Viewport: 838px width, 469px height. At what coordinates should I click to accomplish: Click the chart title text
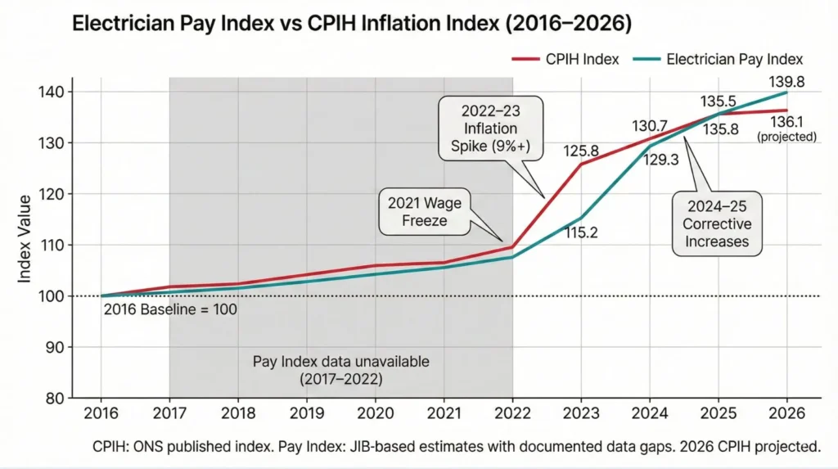click(x=352, y=24)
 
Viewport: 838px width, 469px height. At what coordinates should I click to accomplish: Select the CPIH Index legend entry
click(x=575, y=59)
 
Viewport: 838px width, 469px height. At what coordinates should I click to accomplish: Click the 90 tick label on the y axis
click(x=51, y=347)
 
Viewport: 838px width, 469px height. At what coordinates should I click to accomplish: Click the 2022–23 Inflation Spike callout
click(x=489, y=129)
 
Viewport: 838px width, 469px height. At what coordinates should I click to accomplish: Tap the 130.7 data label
click(x=651, y=126)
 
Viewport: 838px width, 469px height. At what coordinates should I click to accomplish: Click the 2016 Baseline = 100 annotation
click(x=170, y=310)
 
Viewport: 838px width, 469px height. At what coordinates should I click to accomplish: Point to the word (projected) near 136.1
click(x=786, y=137)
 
